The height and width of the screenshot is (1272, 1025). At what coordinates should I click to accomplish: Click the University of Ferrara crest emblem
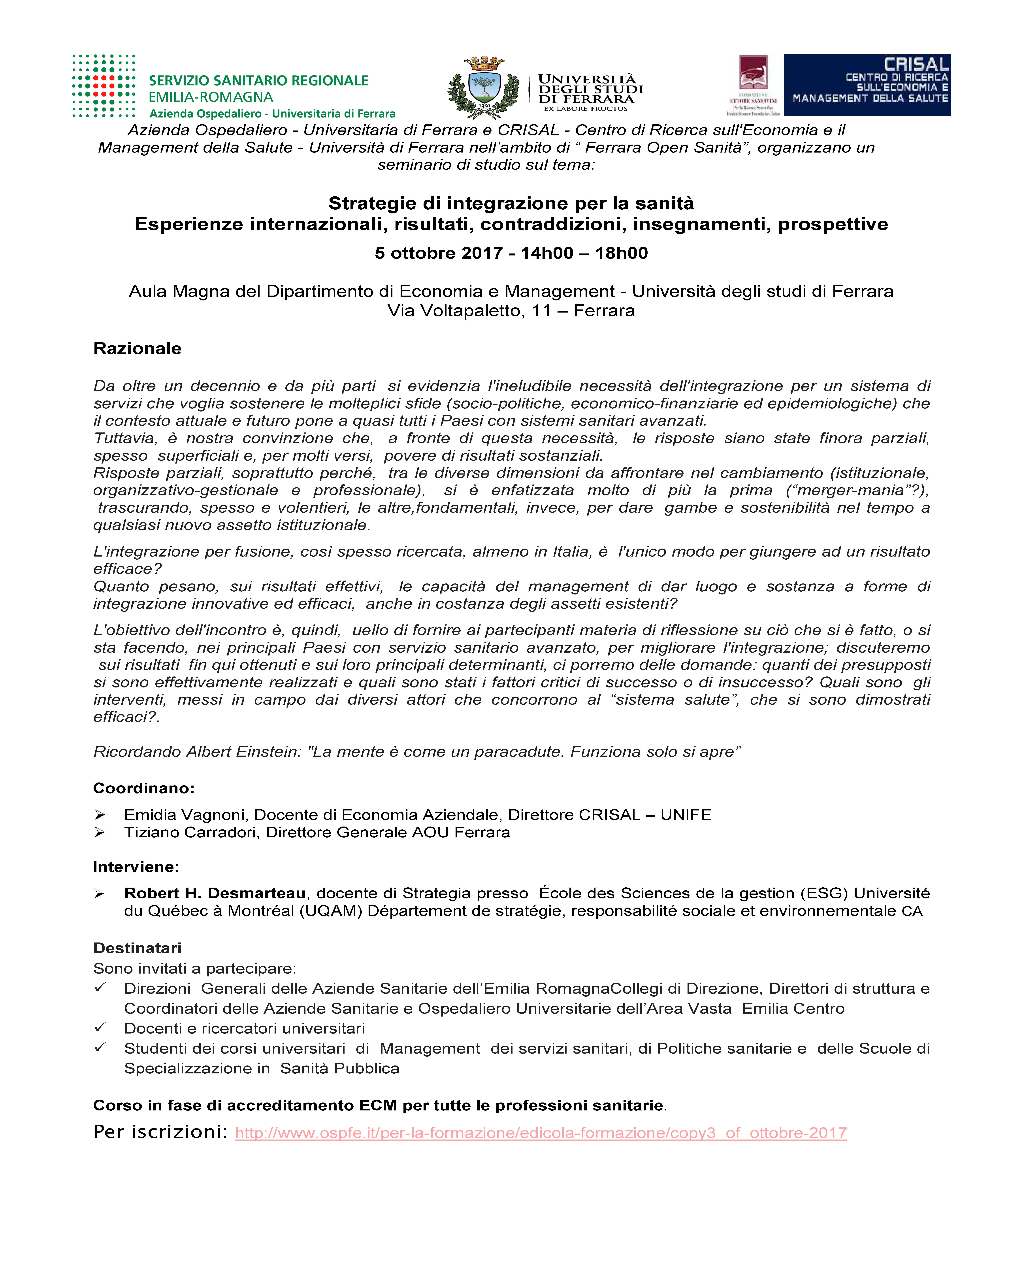click(484, 87)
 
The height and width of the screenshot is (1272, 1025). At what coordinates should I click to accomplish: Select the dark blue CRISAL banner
click(867, 85)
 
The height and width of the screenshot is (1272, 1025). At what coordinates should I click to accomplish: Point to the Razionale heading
click(137, 349)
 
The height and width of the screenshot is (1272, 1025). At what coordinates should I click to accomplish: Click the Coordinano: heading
click(143, 788)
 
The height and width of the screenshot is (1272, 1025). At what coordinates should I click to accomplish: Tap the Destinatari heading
click(137, 948)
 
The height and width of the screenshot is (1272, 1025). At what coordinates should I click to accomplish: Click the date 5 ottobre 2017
click(438, 253)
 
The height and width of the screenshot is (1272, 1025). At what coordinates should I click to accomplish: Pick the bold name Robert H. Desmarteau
click(215, 893)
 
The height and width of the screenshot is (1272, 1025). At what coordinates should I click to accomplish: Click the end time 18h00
click(621, 253)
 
